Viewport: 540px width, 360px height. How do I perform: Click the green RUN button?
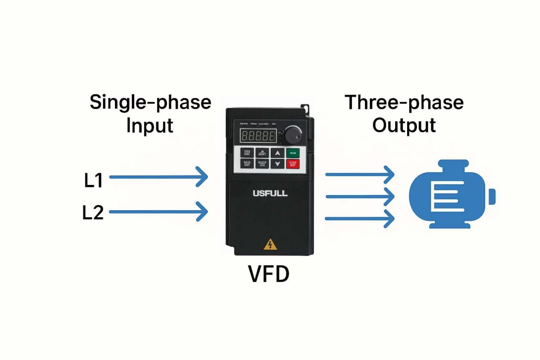tap(292, 153)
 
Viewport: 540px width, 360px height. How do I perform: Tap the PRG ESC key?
tap(247, 153)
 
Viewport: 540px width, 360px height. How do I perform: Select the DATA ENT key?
tap(247, 164)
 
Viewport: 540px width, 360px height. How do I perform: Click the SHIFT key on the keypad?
tap(262, 153)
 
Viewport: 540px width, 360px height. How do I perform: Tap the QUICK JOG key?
tap(262, 164)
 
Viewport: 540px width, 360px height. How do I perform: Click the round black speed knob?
tap(293, 135)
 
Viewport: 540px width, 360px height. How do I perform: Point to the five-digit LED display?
tap(258, 135)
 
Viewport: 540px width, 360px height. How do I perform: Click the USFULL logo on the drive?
tap(270, 193)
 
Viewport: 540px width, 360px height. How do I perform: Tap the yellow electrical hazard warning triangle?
tap(270, 245)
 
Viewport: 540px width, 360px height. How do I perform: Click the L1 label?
tap(94, 181)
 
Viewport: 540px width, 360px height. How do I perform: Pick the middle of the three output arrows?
tap(360, 197)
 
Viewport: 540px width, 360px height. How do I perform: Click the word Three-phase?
tap(404, 102)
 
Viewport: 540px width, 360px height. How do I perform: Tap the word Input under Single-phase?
tap(150, 126)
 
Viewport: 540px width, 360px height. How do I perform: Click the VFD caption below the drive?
tap(269, 274)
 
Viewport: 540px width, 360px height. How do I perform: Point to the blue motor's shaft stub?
tap(492, 196)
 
